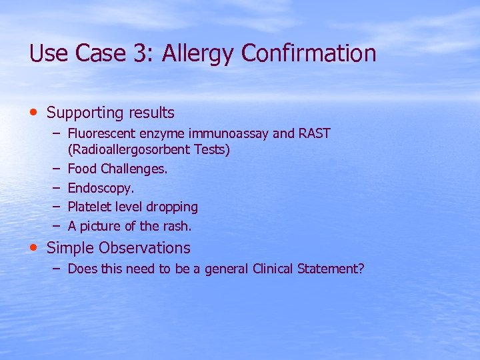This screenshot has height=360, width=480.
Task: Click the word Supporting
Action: click(87, 113)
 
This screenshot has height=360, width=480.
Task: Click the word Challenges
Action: click(135, 169)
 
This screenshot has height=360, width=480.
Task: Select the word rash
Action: click(177, 226)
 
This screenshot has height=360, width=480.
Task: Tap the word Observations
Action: click(145, 248)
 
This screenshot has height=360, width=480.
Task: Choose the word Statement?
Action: click(331, 269)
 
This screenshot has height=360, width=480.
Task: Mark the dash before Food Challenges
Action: click(56, 169)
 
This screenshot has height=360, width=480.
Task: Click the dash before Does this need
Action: click(56, 269)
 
